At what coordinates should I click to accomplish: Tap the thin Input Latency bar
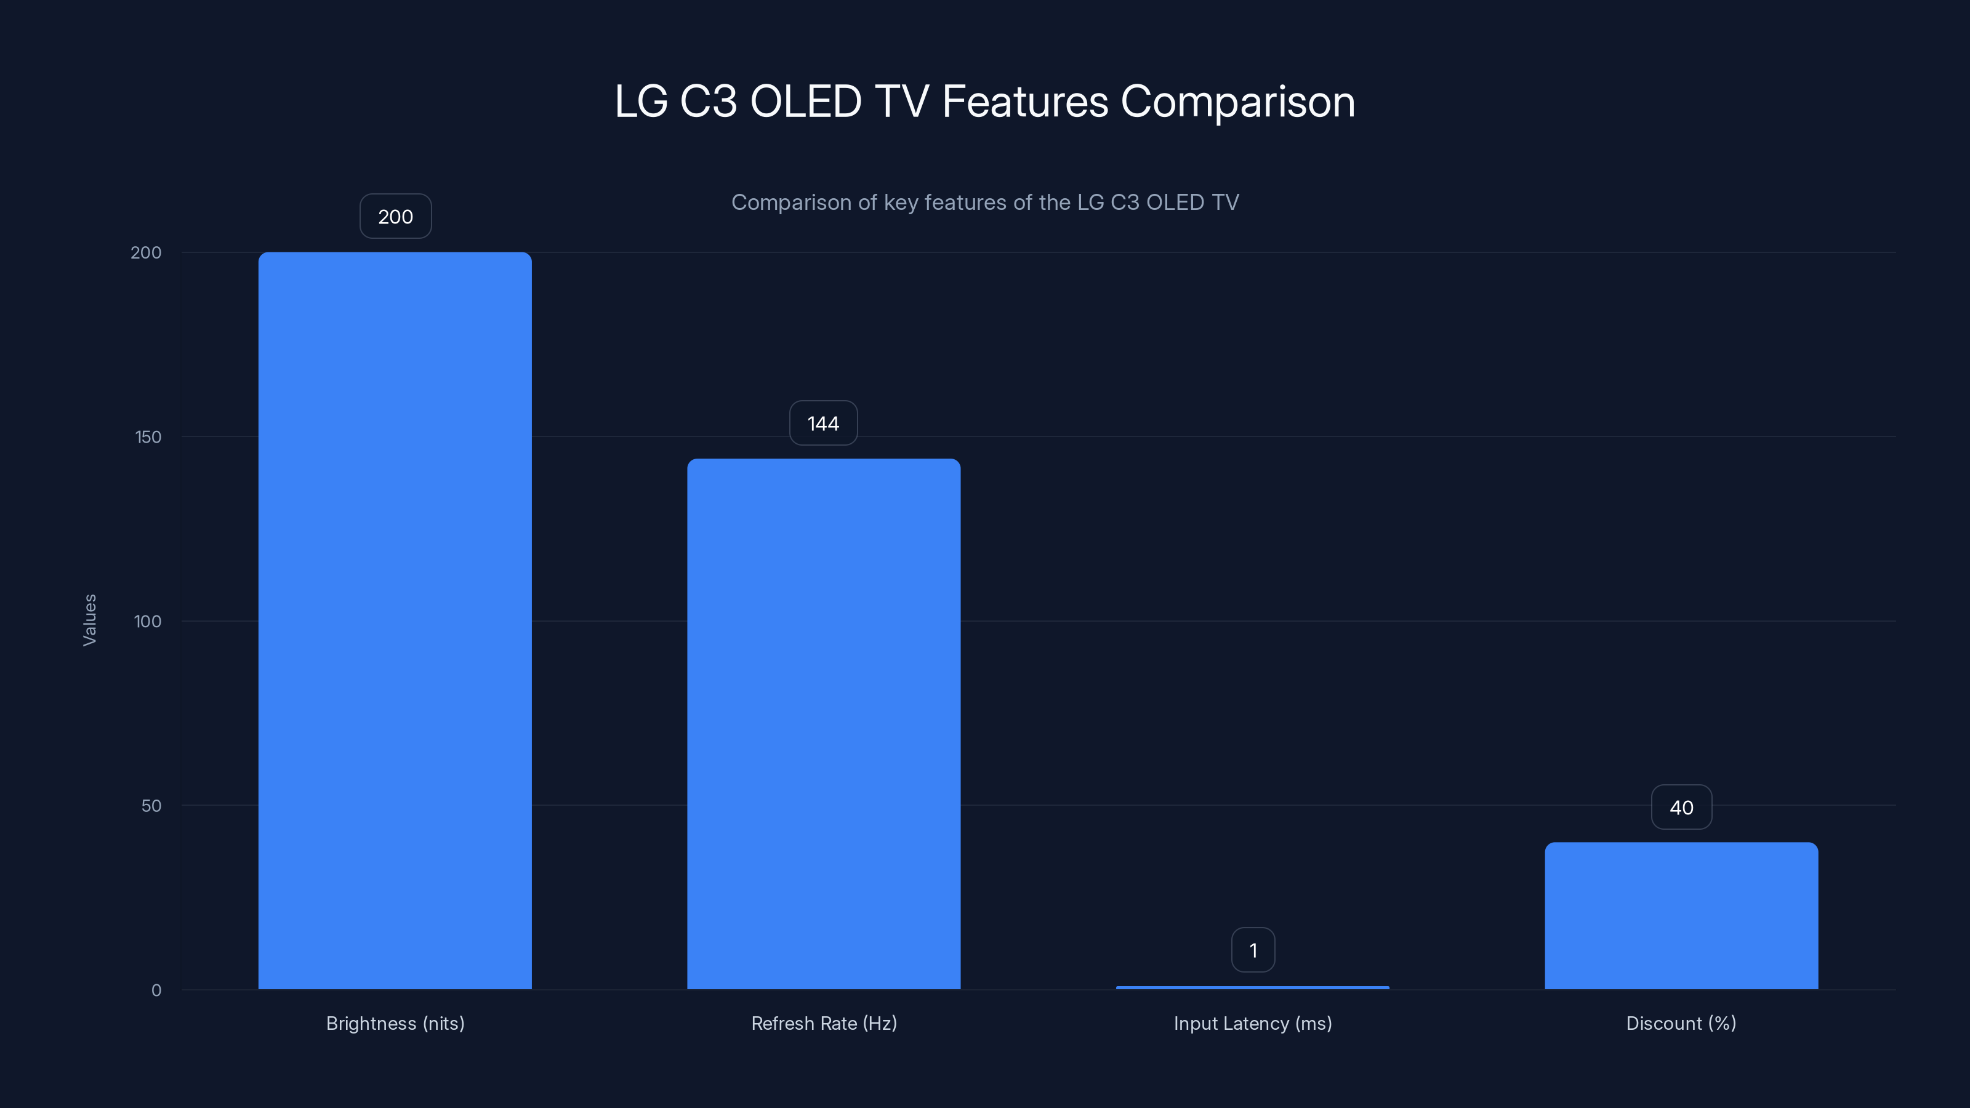click(x=1253, y=987)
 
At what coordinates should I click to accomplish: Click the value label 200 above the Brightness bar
click(x=395, y=217)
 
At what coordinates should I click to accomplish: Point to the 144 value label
click(x=823, y=423)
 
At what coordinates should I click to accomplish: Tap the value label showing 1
click(x=1253, y=950)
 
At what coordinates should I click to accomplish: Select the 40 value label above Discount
click(x=1681, y=808)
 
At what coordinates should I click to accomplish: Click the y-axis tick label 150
click(x=148, y=436)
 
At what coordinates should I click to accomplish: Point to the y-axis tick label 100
click(x=148, y=621)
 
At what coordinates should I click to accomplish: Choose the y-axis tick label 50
click(x=151, y=805)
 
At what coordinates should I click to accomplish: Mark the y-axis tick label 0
click(x=156, y=990)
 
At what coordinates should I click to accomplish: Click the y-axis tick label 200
click(x=146, y=252)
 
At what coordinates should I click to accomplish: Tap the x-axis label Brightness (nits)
click(x=395, y=1023)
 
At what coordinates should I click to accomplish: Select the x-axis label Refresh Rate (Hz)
click(x=824, y=1023)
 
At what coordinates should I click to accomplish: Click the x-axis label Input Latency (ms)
click(x=1253, y=1023)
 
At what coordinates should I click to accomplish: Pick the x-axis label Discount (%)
click(x=1681, y=1023)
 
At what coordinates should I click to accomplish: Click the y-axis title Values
click(x=89, y=620)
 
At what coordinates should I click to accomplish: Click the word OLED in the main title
click(x=805, y=101)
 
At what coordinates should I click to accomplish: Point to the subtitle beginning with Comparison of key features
click(x=985, y=202)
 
